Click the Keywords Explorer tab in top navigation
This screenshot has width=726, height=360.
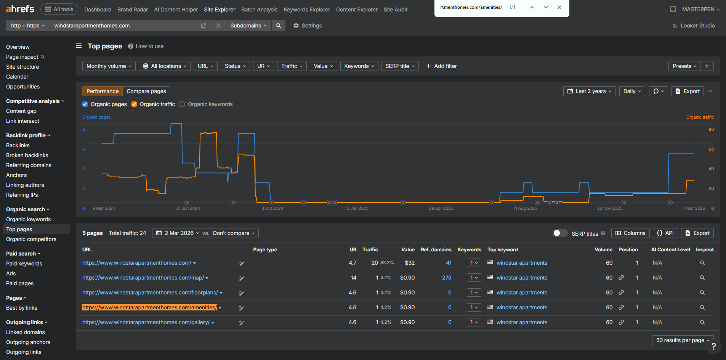tap(307, 10)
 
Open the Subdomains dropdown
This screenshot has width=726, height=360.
tap(248, 26)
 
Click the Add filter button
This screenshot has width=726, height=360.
tap(441, 66)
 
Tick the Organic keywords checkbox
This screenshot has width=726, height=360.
tap(182, 104)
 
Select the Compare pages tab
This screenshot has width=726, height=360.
tap(146, 91)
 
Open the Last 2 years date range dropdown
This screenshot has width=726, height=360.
tap(589, 91)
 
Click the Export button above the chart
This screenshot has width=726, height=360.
tap(688, 91)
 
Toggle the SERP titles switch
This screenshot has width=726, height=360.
tap(560, 233)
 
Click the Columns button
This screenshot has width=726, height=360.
tap(630, 233)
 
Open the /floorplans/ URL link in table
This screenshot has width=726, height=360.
tap(150, 292)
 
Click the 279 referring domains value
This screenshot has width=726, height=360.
tap(447, 278)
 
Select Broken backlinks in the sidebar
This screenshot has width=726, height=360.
tap(27, 155)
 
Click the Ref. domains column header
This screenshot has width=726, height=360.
tap(436, 249)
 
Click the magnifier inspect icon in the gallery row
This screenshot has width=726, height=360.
tap(702, 322)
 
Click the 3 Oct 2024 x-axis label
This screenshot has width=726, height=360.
tap(272, 208)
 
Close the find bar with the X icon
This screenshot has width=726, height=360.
tap(559, 7)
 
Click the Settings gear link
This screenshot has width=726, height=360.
tap(308, 26)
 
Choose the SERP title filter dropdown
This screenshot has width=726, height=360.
tap(400, 66)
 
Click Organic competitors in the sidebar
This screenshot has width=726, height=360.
tap(31, 239)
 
